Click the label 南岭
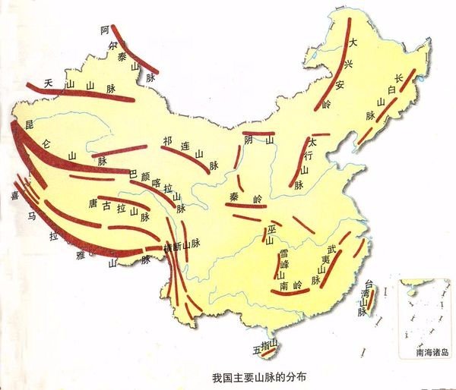(x=290, y=286)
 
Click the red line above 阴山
(x=258, y=133)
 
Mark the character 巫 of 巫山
(x=271, y=230)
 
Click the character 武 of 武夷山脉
(x=331, y=249)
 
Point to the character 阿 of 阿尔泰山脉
(x=104, y=30)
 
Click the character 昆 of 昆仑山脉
(x=30, y=122)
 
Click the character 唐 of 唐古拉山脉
(x=93, y=204)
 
